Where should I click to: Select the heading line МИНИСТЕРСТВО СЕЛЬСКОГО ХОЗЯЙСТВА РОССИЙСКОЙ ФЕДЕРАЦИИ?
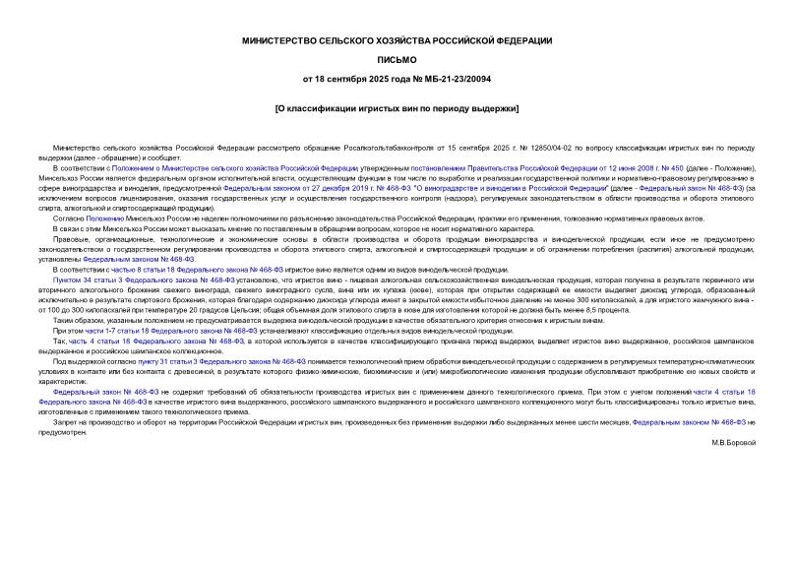click(397, 40)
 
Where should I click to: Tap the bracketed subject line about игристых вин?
click(397, 108)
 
